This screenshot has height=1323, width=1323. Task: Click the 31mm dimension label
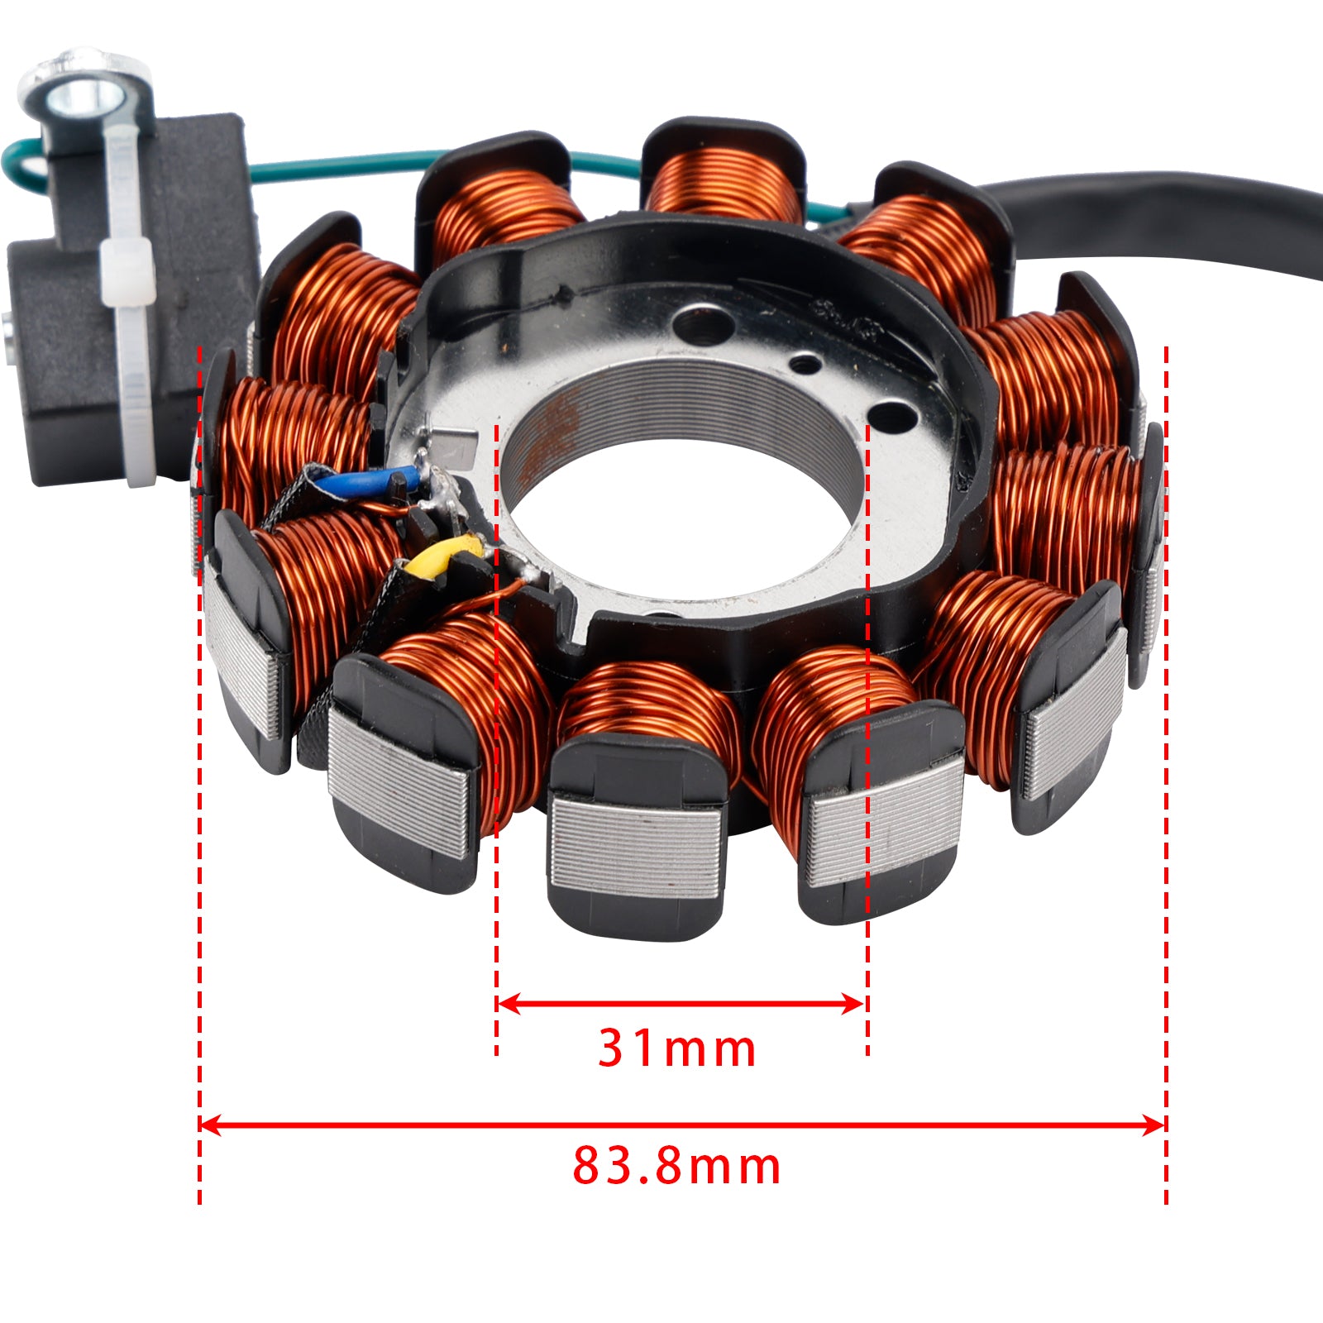pyautogui.click(x=676, y=1048)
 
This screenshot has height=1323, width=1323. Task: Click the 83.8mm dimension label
pyautogui.click(x=676, y=1167)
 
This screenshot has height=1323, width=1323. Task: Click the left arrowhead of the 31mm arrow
pyautogui.click(x=506, y=1005)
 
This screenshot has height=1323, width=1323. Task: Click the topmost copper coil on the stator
pyautogui.click(x=724, y=182)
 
